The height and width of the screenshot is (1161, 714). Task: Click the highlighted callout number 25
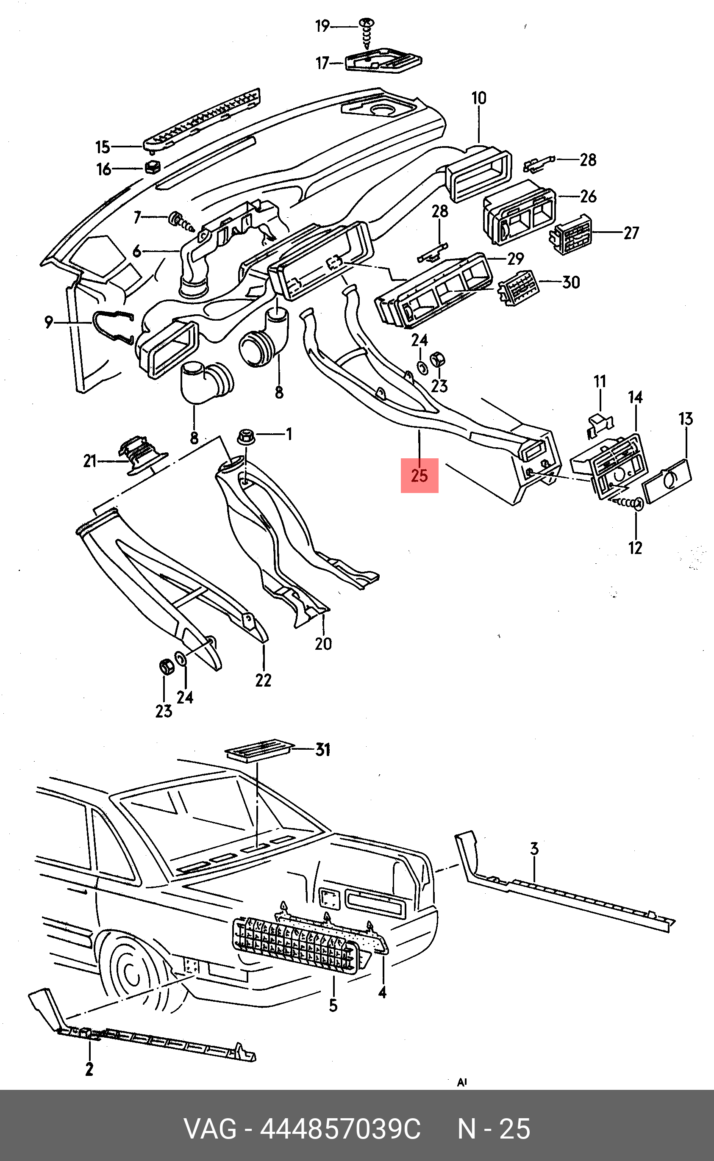[x=420, y=476]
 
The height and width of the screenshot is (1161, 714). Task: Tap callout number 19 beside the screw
[x=322, y=26]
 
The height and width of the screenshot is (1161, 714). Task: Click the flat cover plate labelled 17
[x=383, y=60]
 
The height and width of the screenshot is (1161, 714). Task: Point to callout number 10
[x=479, y=98]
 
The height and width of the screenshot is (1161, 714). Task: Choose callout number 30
[x=571, y=282]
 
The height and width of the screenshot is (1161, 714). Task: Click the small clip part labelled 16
[x=152, y=166]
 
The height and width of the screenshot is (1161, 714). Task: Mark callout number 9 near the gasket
[x=49, y=322]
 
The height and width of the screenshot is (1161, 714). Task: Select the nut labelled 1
[x=247, y=436]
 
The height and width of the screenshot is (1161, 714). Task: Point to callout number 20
[x=323, y=644]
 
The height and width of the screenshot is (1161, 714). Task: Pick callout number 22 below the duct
[x=264, y=680]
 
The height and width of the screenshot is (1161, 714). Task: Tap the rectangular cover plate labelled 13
[x=667, y=482]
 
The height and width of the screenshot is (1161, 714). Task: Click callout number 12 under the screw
[x=635, y=548]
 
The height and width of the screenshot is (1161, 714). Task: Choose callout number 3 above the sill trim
[x=534, y=848]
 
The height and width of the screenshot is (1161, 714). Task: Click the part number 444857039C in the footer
[x=340, y=1129]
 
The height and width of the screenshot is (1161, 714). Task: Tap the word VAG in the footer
[x=210, y=1129]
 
